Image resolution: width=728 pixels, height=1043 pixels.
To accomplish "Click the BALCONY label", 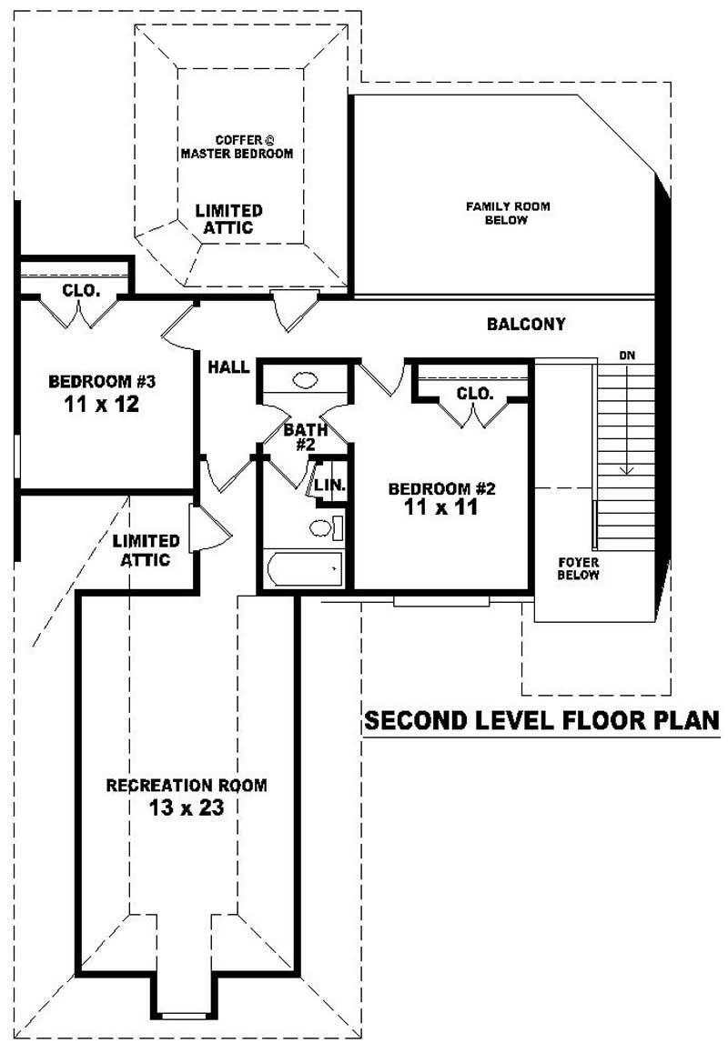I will (526, 324).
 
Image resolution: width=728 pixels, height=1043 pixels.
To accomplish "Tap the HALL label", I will (228, 366).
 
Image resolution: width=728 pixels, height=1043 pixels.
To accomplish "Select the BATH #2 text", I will (301, 436).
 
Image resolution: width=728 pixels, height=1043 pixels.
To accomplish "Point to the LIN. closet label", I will (330, 486).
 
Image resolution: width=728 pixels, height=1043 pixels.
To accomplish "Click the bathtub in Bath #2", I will (303, 569).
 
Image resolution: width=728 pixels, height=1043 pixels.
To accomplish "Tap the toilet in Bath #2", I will (323, 527).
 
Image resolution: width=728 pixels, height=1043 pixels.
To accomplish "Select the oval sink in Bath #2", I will (304, 380).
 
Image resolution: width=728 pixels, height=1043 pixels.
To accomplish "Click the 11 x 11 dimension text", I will (441, 508).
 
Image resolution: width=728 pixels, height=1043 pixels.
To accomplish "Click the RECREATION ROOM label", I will (187, 785).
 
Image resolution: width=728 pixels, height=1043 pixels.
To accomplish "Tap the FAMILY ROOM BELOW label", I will (508, 213).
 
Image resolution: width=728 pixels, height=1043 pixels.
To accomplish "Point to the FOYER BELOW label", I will (579, 568).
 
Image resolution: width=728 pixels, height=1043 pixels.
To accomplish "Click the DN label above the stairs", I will (626, 356).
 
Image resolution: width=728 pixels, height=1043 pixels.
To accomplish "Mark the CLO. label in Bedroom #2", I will (473, 394).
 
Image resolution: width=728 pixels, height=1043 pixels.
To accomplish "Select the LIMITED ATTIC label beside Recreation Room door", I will (146, 550).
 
